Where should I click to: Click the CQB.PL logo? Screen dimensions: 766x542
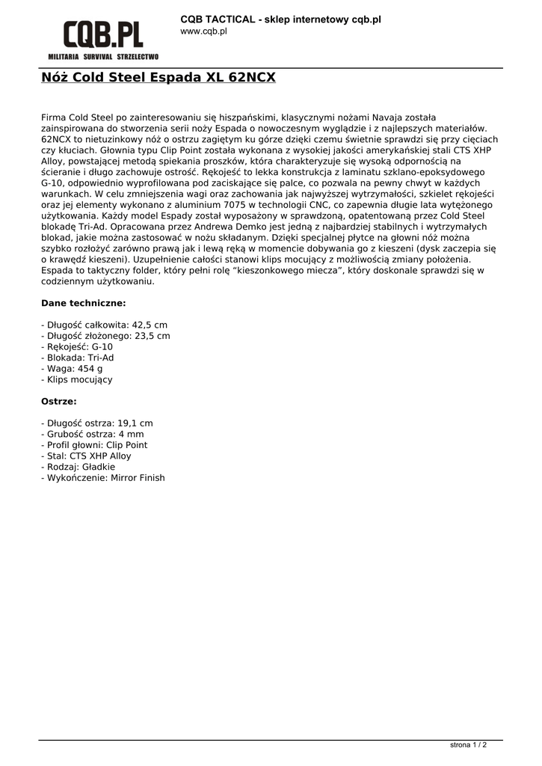103,35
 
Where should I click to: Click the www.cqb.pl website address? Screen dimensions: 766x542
203,31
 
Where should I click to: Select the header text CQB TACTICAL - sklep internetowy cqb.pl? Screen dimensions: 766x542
280,19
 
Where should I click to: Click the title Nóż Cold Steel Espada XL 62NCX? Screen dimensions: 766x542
158,77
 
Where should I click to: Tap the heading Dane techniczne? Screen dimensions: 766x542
82,303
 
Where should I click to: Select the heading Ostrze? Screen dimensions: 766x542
58,401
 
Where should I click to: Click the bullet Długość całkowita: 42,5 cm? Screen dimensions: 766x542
104,325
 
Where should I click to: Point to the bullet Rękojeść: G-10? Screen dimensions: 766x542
77,347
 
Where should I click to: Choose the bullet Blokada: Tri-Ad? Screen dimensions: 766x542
77,358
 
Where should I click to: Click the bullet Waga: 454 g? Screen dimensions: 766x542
72,369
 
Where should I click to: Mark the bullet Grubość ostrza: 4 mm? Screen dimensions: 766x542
92,434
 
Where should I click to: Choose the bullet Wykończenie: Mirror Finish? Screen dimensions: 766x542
102,477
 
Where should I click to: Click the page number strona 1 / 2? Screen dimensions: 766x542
468,745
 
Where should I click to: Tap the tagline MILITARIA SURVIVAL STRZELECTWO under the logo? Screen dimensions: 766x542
103,57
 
